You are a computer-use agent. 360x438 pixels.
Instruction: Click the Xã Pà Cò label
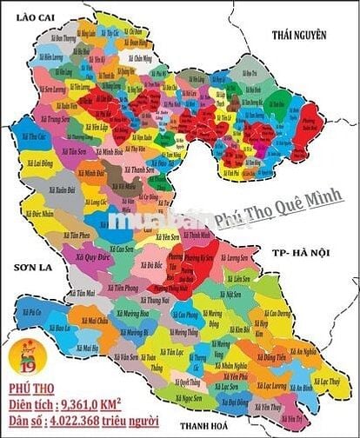click(x=31, y=311)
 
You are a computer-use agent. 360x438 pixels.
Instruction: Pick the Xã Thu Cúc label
click(x=36, y=137)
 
